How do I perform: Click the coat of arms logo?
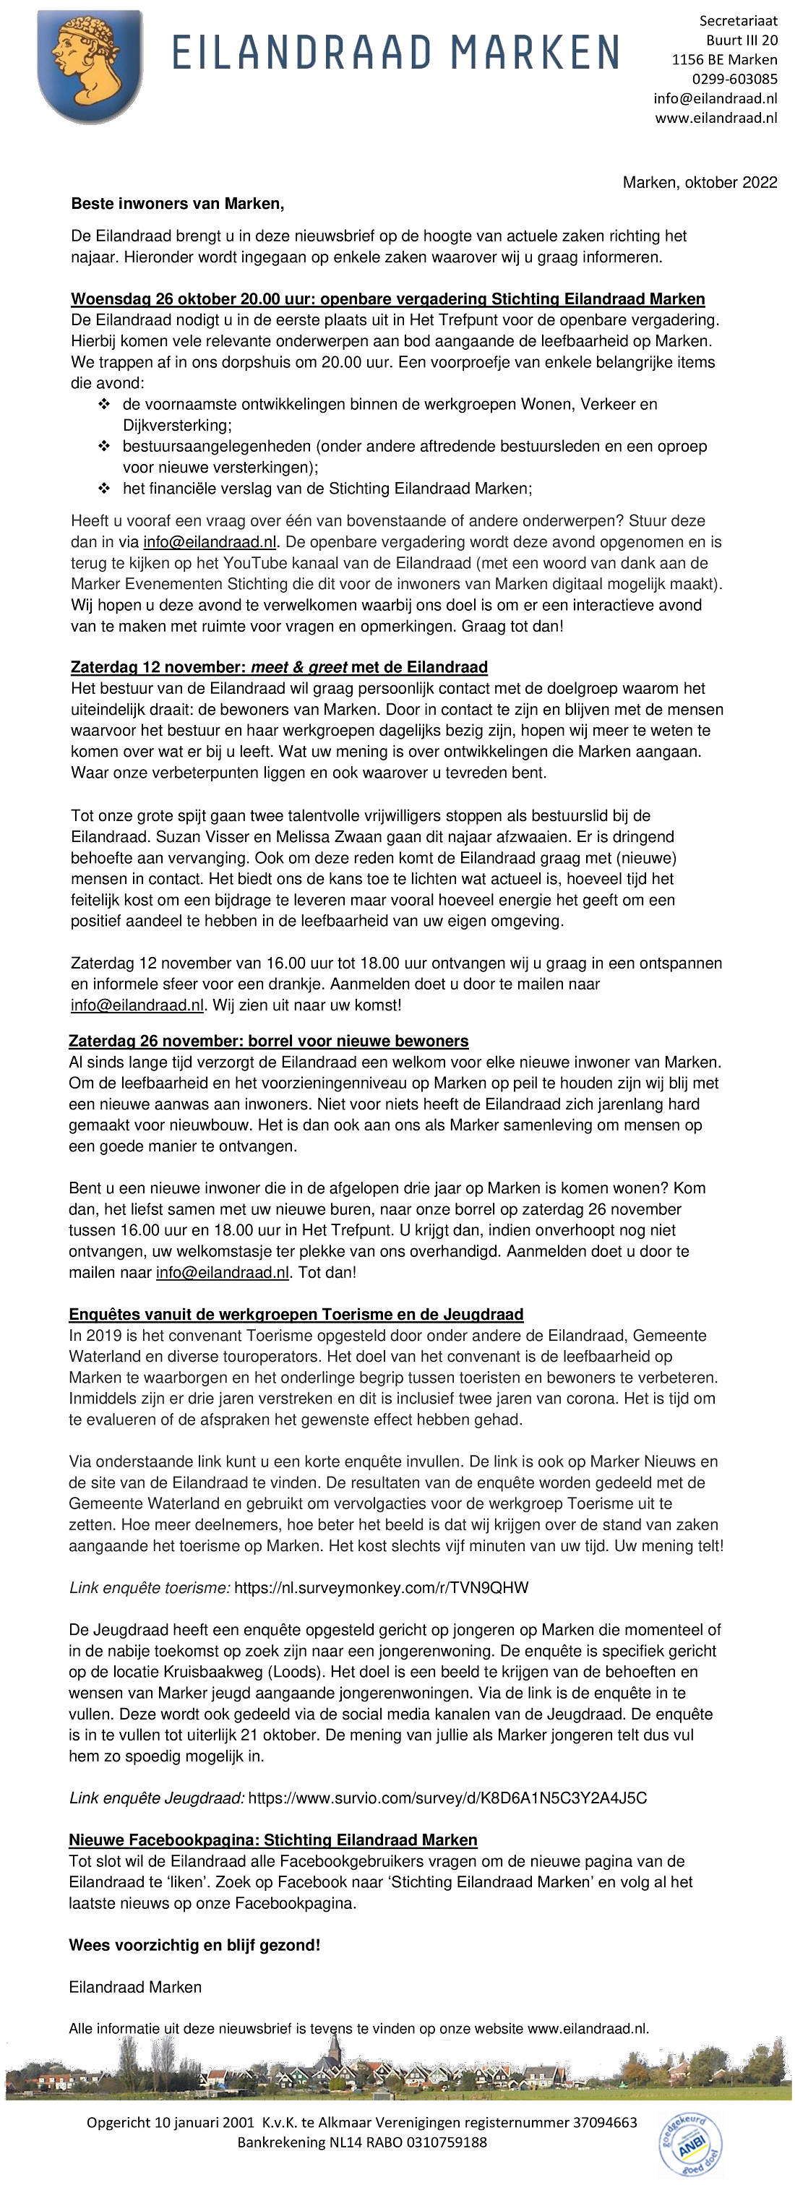pos(90,66)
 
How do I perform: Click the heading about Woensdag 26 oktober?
pos(387,299)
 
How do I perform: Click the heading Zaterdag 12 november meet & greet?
pos(279,666)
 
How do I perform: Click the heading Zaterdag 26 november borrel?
pos(268,1041)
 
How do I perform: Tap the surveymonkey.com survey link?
pos(381,1588)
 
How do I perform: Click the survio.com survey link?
pos(447,1798)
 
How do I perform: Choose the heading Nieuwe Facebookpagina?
pos(272,1840)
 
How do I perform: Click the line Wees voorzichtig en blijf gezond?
pos(194,1945)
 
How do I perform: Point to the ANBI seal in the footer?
pos(689,2142)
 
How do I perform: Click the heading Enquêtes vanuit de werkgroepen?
pos(296,1315)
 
